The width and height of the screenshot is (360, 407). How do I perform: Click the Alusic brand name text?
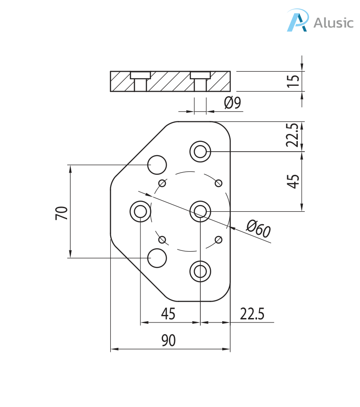coord(333,23)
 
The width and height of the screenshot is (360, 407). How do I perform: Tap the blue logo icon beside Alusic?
coord(297,20)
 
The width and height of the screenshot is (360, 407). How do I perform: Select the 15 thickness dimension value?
coord(294,81)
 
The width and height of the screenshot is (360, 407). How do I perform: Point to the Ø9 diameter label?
coord(232,103)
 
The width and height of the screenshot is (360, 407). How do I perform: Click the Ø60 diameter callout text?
coord(258,229)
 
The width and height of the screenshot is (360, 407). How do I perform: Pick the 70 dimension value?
coord(62,213)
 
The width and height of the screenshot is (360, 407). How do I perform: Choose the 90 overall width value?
coord(168,340)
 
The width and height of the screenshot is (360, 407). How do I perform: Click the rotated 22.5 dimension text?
coord(293,135)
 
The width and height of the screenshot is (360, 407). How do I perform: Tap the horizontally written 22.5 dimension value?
coord(252,314)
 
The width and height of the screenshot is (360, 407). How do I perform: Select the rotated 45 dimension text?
coord(293,181)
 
